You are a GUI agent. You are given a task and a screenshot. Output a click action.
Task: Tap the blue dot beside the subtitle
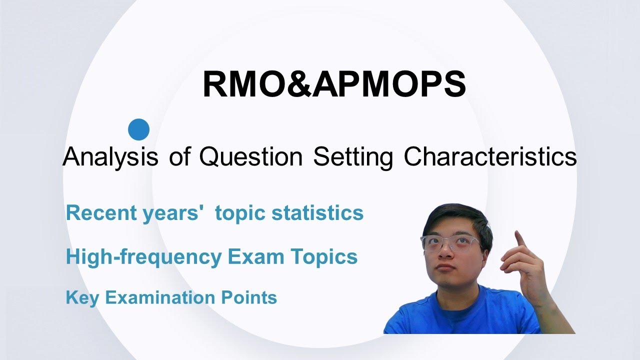click(138, 129)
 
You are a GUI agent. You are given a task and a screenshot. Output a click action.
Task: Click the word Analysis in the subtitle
click(110, 157)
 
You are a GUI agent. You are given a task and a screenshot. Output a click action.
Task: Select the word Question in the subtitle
click(251, 157)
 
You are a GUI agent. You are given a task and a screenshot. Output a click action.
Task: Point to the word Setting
click(353, 157)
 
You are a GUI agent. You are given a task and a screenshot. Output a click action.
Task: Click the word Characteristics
click(490, 157)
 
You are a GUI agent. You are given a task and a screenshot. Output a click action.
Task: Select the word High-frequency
click(143, 257)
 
